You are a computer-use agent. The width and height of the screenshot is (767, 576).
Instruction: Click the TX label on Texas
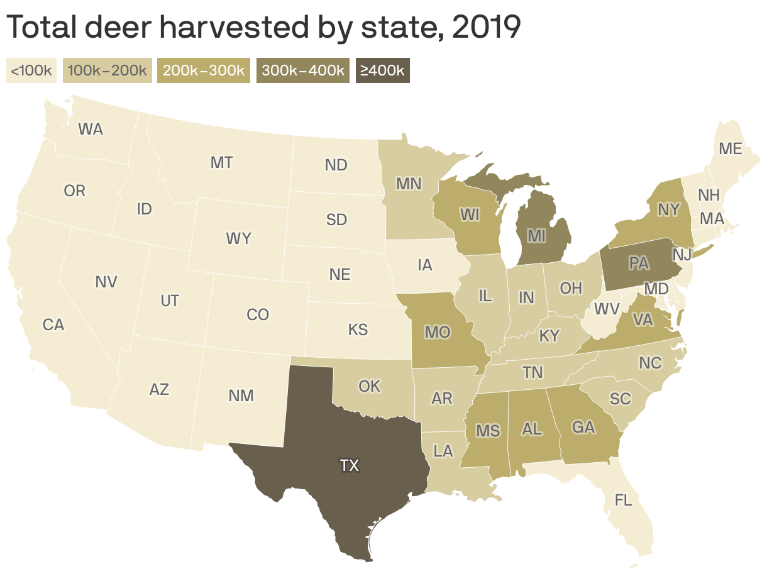(x=350, y=465)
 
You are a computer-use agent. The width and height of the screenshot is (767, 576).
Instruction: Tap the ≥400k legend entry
(x=382, y=70)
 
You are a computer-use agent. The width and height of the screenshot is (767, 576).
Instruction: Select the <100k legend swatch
(x=31, y=70)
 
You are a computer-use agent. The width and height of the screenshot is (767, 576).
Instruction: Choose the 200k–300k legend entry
(x=204, y=70)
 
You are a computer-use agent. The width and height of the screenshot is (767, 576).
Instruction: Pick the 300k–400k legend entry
(x=302, y=70)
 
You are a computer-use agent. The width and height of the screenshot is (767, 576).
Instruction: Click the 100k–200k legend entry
(x=107, y=70)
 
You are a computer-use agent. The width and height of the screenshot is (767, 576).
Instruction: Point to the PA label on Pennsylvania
(x=638, y=263)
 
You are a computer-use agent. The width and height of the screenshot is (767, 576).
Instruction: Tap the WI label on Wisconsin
(x=470, y=214)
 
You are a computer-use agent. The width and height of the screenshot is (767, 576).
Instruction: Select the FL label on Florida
(x=623, y=501)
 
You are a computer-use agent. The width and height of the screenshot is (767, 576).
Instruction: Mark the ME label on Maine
(x=731, y=149)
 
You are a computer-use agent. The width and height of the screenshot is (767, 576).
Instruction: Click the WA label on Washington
(x=91, y=130)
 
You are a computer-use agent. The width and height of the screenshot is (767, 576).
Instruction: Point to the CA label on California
(x=53, y=325)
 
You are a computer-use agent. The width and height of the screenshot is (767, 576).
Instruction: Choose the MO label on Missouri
(x=438, y=331)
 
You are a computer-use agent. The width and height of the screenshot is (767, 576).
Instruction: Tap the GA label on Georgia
(x=583, y=427)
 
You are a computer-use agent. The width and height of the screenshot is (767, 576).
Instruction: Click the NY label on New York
(x=668, y=209)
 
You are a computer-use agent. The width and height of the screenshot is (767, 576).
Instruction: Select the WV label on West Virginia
(x=607, y=309)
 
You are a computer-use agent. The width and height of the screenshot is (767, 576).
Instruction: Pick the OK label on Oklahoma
(x=370, y=385)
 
